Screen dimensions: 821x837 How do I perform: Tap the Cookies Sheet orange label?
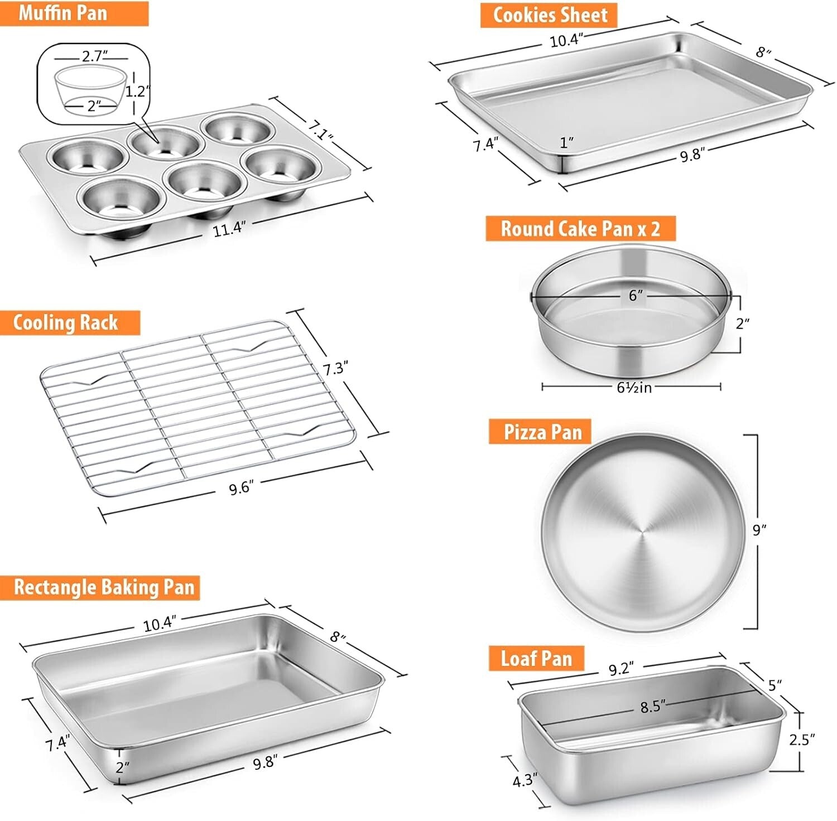[549, 15]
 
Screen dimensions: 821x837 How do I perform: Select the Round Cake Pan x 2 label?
[580, 229]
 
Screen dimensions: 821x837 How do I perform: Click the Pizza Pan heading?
[540, 432]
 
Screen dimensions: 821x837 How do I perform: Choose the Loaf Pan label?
[536, 659]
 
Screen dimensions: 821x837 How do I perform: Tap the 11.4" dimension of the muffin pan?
[229, 228]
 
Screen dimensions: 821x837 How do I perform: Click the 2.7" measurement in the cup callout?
[94, 56]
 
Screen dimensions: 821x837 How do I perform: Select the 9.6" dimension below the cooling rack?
[241, 489]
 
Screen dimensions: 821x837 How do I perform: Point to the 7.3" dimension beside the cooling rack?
[336, 369]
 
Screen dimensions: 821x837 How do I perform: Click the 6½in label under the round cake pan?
[634, 387]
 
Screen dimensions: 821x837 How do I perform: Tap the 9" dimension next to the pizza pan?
[759, 529]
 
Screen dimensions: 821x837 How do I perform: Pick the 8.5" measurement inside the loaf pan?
[652, 707]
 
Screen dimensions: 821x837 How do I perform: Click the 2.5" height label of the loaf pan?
[802, 740]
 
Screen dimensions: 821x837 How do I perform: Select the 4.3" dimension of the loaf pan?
[525, 780]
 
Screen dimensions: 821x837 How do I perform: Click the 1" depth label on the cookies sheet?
[567, 143]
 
